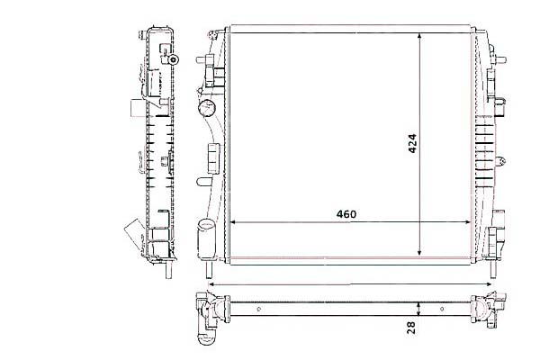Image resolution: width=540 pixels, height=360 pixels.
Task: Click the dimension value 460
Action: pos(346,214)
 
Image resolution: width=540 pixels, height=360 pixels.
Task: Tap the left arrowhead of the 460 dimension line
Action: pos(235,222)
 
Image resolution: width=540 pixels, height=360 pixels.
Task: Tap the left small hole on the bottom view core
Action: pos(259,310)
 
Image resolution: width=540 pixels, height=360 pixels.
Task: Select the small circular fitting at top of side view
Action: pos(175,60)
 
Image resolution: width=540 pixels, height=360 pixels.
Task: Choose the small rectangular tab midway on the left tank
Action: pos(213,155)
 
